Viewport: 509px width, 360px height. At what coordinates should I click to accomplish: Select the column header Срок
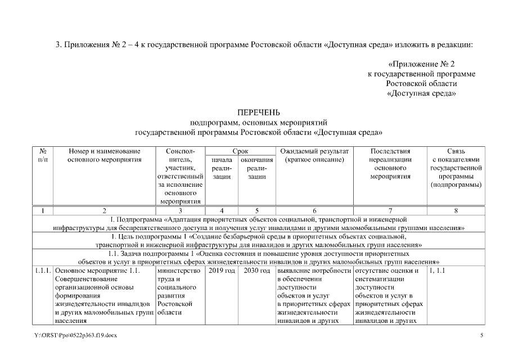(x=241, y=151)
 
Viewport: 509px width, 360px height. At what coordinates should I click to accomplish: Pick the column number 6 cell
(x=314, y=210)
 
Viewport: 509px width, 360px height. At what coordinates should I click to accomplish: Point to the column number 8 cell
(x=455, y=210)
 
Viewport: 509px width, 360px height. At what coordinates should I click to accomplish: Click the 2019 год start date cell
(x=222, y=271)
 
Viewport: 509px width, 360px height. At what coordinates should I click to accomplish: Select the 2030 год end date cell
(x=256, y=271)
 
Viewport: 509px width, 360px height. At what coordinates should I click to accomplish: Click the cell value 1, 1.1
(x=437, y=271)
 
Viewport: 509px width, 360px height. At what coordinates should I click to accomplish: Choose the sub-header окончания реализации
(x=256, y=168)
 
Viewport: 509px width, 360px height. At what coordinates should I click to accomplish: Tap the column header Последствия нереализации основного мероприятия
(x=390, y=164)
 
